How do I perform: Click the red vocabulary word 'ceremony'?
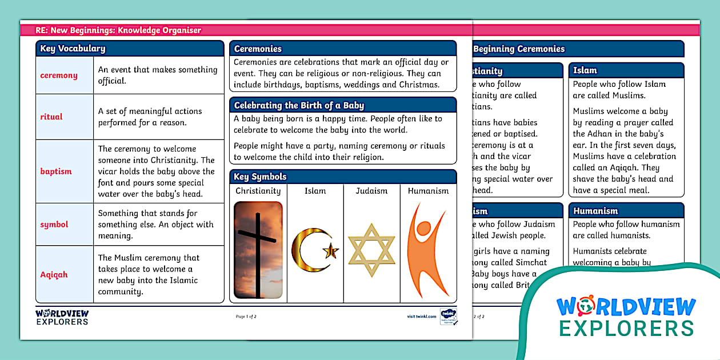59,75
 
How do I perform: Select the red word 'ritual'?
51,117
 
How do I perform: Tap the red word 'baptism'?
56,171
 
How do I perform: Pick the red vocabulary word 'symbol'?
54,225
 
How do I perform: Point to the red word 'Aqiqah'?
54,274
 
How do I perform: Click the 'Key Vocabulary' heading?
73,49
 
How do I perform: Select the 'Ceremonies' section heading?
258,49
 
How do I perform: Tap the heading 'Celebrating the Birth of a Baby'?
299,105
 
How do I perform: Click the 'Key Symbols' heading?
260,177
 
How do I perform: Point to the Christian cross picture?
258,250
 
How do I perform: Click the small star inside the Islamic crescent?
330,250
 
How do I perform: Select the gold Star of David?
371,250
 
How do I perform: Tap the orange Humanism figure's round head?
424,229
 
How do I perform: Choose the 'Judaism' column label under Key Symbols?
371,191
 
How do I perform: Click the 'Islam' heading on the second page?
585,70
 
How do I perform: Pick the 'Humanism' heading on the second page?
595,211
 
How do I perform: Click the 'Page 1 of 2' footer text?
246,316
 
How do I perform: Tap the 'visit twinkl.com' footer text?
422,316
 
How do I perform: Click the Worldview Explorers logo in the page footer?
62,317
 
